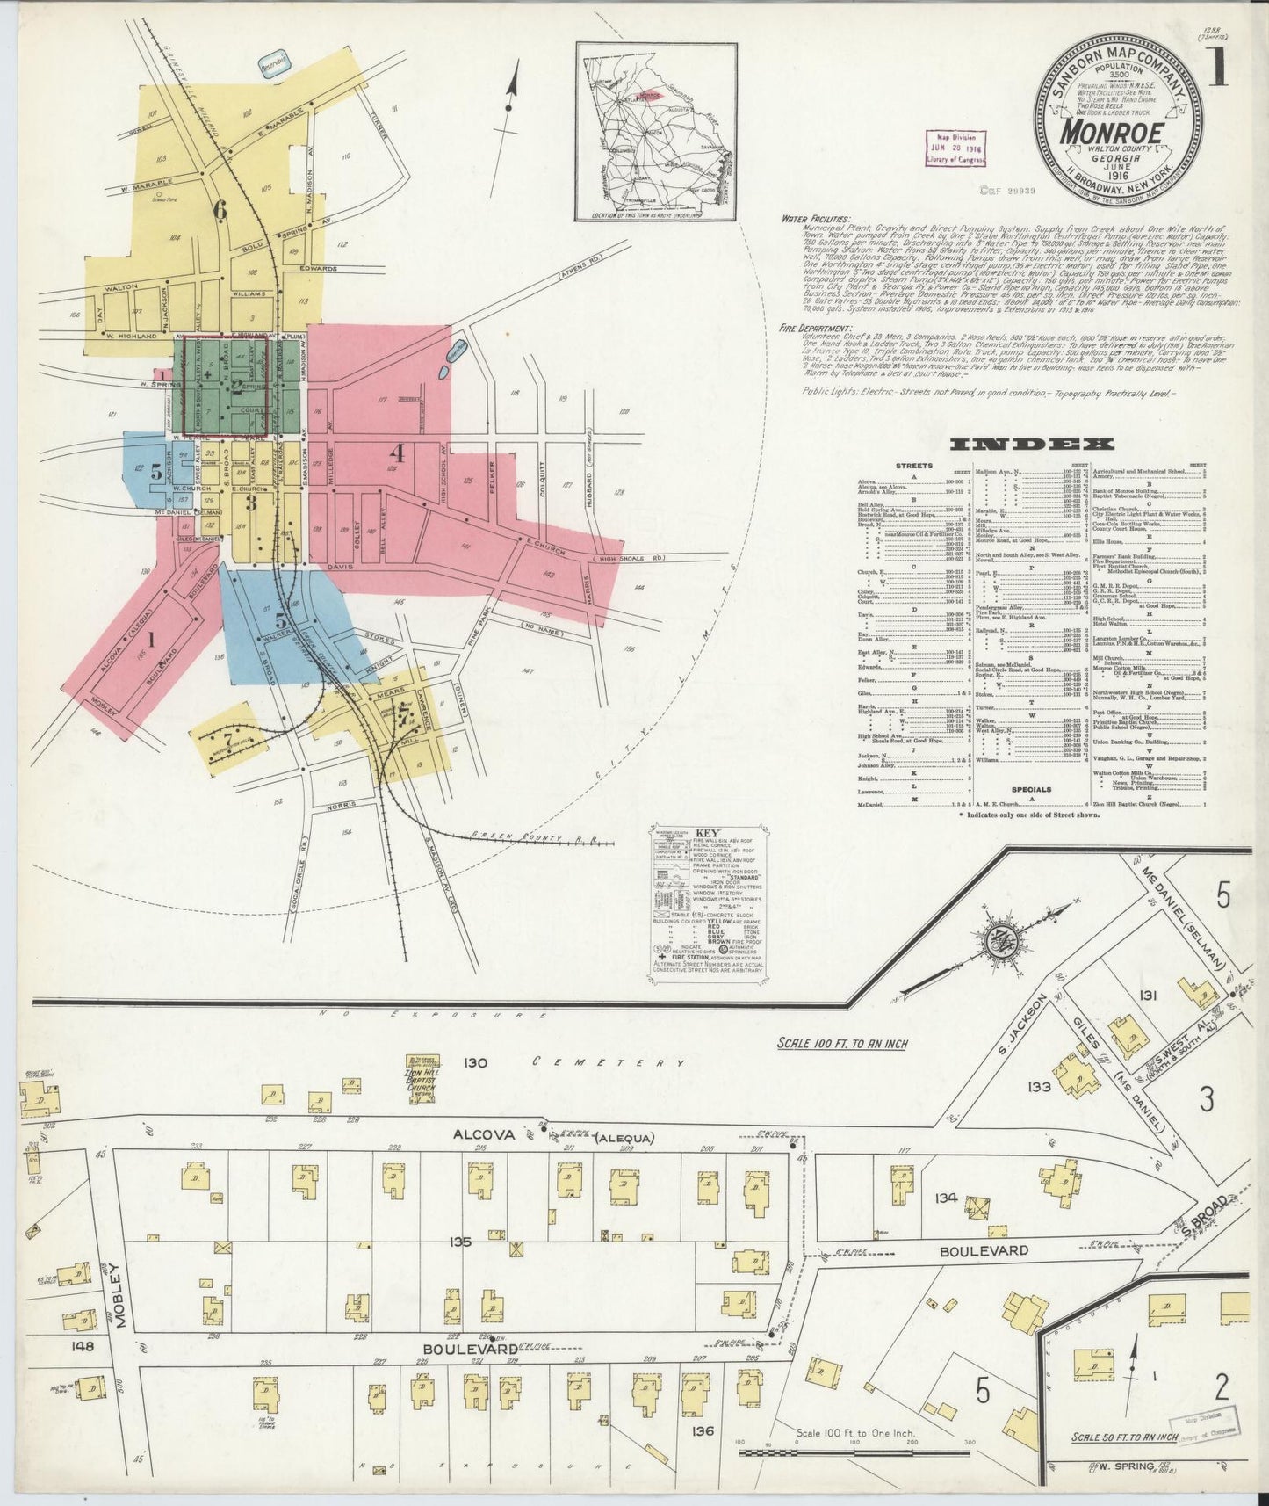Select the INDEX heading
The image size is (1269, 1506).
pyautogui.click(x=1032, y=445)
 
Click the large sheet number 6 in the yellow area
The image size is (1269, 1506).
pyautogui.click(x=219, y=209)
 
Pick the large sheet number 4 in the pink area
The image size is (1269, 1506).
pyautogui.click(x=397, y=454)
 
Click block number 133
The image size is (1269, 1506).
pyautogui.click(x=1039, y=1087)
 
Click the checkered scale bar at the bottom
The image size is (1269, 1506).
pyautogui.click(x=856, y=1453)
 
